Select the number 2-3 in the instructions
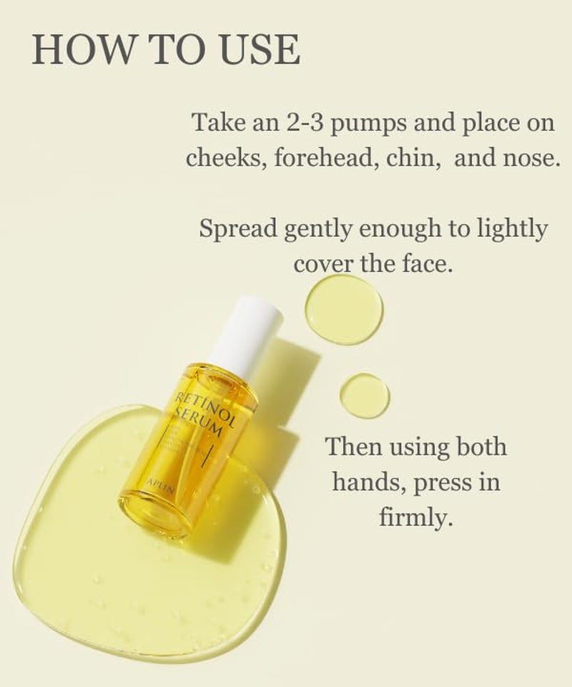305,122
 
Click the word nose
529,157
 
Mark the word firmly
416,517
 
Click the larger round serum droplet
344,310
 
